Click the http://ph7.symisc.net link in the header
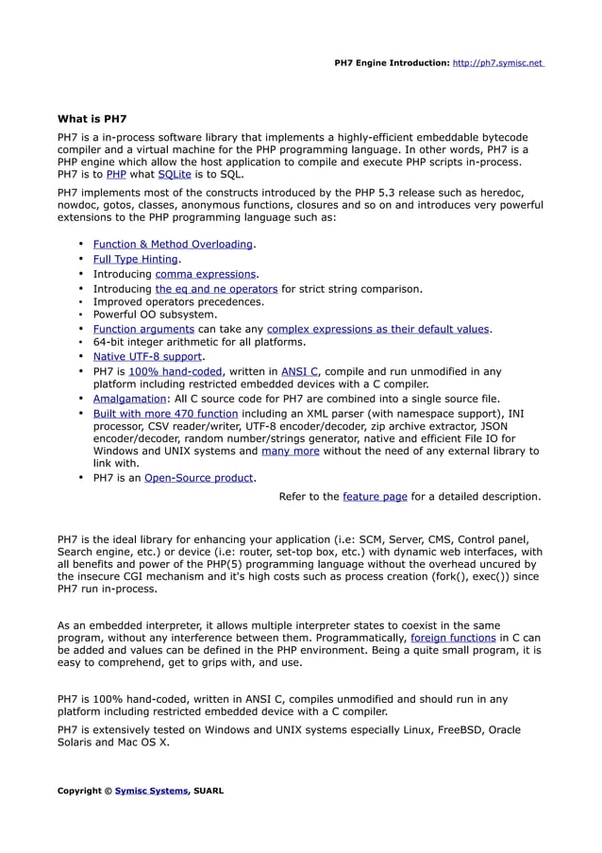tap(497, 63)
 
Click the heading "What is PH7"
tap(92, 119)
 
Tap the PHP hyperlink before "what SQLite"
tap(116, 175)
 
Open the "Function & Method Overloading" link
tap(173, 245)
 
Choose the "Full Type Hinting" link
tap(136, 259)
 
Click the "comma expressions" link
tap(206, 274)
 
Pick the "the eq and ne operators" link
tap(216, 288)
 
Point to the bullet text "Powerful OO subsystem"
tap(155, 315)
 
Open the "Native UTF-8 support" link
tap(147, 356)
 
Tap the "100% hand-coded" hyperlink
tap(176, 371)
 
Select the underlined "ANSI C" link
tap(299, 371)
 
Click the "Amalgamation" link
tap(129, 399)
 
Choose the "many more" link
tap(290, 451)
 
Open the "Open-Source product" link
tap(199, 478)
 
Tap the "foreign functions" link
tap(453, 638)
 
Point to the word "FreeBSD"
tap(435, 729)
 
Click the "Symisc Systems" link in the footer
tap(151, 791)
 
